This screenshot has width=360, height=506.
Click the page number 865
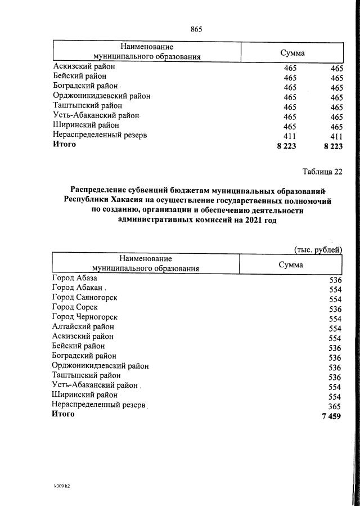(196, 29)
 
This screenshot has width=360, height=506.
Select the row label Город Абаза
(74, 278)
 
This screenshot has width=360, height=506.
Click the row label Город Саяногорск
(84, 297)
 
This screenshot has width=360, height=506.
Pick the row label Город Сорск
(75, 307)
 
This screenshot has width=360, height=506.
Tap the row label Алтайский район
(83, 326)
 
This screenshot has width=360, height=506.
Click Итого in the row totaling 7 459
(63, 414)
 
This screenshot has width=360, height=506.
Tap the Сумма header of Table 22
(291, 265)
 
